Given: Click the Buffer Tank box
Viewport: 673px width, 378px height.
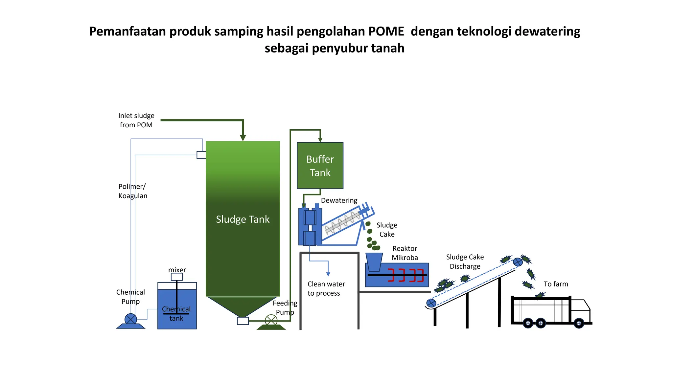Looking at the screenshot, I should point(320,165).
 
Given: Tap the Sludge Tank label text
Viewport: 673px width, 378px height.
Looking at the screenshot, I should point(243,219).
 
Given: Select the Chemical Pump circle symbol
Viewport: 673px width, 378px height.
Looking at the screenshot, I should point(130,319).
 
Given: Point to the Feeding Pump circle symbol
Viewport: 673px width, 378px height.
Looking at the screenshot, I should point(271,320).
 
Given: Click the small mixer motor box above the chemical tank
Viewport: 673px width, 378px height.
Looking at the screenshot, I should point(177,277).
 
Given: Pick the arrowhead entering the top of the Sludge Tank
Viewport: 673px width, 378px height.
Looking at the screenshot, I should point(243,138).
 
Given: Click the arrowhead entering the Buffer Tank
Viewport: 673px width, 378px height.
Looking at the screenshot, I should point(320,140).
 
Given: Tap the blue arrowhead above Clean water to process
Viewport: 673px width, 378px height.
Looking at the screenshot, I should point(328,274).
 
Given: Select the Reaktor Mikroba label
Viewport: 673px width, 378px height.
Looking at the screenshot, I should point(405,253).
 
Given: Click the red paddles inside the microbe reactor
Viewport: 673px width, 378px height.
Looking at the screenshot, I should point(406,275).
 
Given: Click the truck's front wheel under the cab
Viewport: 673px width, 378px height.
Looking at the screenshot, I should point(579,323).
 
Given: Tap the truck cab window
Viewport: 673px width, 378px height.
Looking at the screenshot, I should point(580,305).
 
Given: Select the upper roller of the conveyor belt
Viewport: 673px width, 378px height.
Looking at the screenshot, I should point(518,262).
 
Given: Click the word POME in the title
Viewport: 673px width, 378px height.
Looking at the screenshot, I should point(386,31).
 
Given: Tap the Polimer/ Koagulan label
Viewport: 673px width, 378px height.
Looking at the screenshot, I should point(133,191).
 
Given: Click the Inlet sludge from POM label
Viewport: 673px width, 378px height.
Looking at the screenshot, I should point(136,120).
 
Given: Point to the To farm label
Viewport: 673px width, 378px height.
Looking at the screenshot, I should point(556,284).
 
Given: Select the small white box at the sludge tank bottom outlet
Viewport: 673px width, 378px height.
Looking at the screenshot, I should point(243,321).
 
